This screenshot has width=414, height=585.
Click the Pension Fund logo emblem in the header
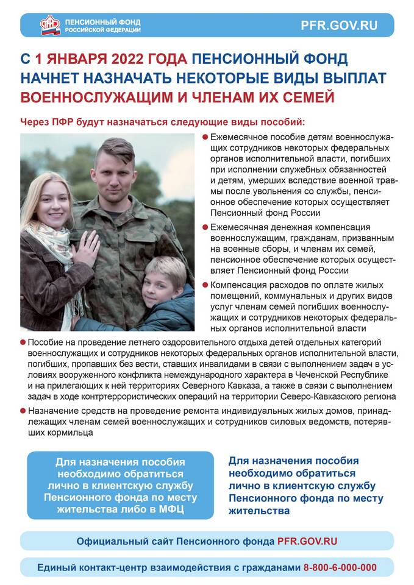click(x=50, y=25)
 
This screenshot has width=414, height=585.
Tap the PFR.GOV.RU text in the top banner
click(x=339, y=26)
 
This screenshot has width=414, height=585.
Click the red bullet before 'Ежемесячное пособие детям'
click(x=205, y=138)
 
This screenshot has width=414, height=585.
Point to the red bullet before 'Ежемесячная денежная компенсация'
click(x=205, y=226)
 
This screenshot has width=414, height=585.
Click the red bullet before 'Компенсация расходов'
click(x=205, y=285)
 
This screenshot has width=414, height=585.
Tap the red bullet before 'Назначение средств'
click(x=23, y=413)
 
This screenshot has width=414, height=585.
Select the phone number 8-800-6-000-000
click(x=340, y=567)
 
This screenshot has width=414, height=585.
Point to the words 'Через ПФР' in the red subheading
click(x=43, y=121)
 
